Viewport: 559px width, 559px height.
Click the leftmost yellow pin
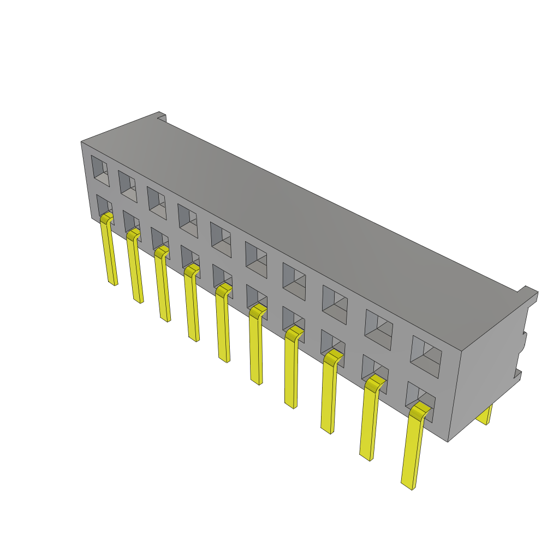click(x=109, y=251)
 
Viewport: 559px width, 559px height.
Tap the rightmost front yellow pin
click(x=412, y=448)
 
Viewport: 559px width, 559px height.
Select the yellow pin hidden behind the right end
click(x=484, y=415)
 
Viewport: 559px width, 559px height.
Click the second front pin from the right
click(x=370, y=420)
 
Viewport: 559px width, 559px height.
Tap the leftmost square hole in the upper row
click(x=100, y=170)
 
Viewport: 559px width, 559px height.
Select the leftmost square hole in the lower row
click(x=104, y=206)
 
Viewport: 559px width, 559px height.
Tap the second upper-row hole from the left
click(x=128, y=186)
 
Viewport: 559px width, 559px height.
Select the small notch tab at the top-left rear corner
click(x=162, y=116)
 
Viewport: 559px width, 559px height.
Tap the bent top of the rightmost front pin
click(x=420, y=409)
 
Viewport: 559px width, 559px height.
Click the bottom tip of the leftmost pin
click(x=114, y=283)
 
